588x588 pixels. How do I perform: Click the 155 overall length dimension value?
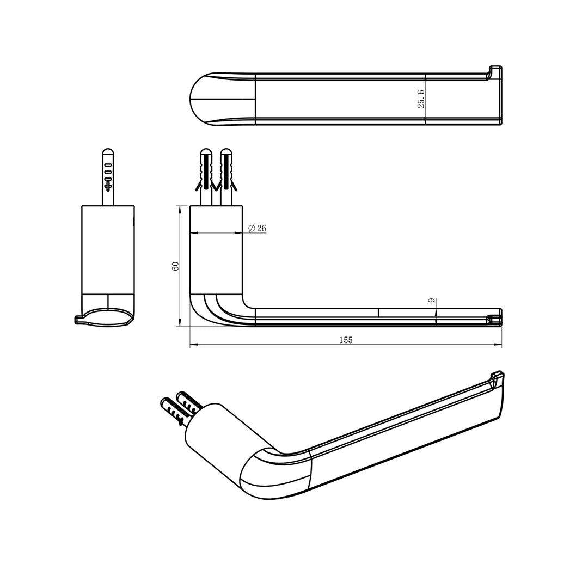(x=346, y=340)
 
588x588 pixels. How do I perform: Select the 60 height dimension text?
(x=175, y=266)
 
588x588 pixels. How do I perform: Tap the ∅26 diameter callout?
(x=257, y=229)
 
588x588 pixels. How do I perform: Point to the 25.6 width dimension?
(x=421, y=99)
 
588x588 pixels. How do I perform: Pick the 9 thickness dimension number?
(x=431, y=301)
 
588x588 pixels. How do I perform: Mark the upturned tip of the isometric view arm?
(x=497, y=377)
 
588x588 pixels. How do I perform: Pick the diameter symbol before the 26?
(x=251, y=229)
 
